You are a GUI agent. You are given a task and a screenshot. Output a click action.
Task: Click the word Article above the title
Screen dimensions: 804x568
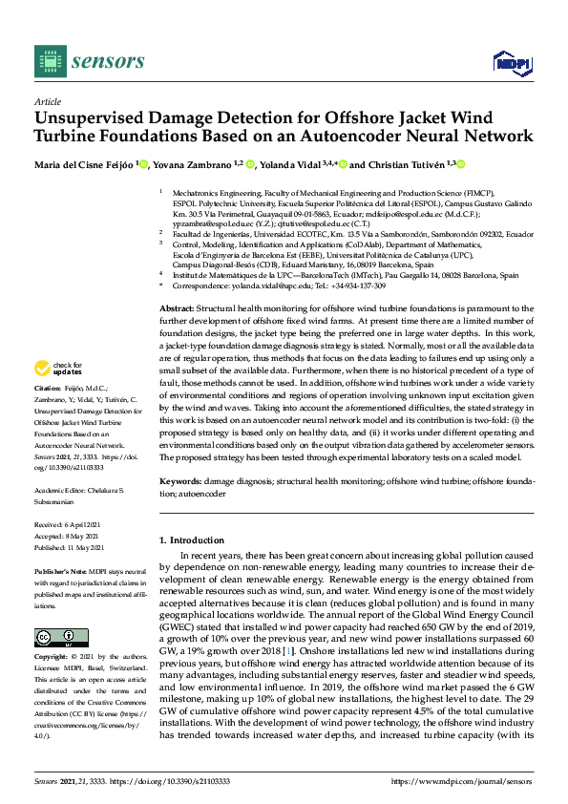click(47, 101)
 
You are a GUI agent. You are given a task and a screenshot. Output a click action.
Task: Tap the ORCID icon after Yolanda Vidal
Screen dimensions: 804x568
click(342, 164)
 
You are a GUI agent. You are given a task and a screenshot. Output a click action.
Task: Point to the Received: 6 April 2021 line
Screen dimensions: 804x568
click(68, 525)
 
